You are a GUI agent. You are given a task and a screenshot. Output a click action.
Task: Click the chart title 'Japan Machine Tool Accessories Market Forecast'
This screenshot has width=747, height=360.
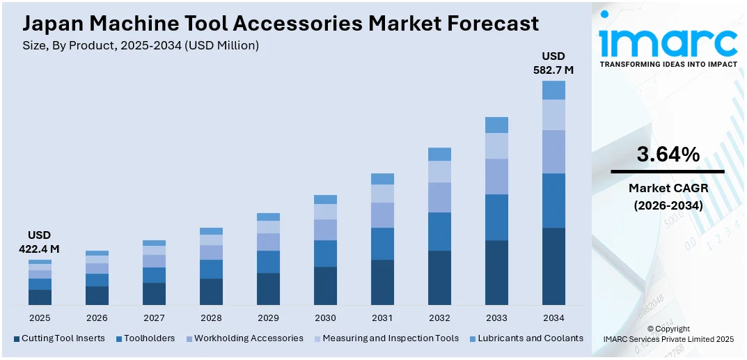281,23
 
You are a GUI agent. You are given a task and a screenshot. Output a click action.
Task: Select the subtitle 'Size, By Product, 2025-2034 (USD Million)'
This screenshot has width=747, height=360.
141,45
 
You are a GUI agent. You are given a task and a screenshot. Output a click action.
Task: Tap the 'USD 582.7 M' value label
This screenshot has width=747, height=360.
553,63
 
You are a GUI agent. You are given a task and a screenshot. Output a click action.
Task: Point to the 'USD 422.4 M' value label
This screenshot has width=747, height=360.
40,242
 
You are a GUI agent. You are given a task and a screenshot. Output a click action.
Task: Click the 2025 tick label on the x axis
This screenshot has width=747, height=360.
40,318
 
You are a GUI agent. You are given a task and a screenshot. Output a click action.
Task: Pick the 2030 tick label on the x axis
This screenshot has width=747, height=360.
325,318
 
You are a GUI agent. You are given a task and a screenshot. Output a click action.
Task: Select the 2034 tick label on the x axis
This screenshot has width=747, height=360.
553,318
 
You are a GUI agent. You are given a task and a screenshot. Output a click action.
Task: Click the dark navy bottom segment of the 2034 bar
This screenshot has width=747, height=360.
553,266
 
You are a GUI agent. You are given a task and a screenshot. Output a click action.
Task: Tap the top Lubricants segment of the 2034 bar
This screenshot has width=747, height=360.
553,90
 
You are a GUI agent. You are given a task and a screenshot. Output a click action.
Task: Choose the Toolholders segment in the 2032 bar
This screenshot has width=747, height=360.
439,231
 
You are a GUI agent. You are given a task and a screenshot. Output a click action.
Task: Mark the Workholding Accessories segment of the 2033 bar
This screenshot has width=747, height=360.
496,176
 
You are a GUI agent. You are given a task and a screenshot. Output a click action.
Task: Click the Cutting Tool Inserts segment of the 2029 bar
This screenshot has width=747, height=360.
268,288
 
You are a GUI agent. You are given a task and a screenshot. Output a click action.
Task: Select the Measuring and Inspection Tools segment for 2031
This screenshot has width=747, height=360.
382,193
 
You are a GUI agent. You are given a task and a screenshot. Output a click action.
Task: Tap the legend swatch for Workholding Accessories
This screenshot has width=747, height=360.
189,339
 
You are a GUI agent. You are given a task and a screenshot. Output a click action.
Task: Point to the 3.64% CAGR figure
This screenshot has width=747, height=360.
668,155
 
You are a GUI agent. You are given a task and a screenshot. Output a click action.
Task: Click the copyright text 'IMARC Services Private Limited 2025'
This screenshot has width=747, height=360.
668,339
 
